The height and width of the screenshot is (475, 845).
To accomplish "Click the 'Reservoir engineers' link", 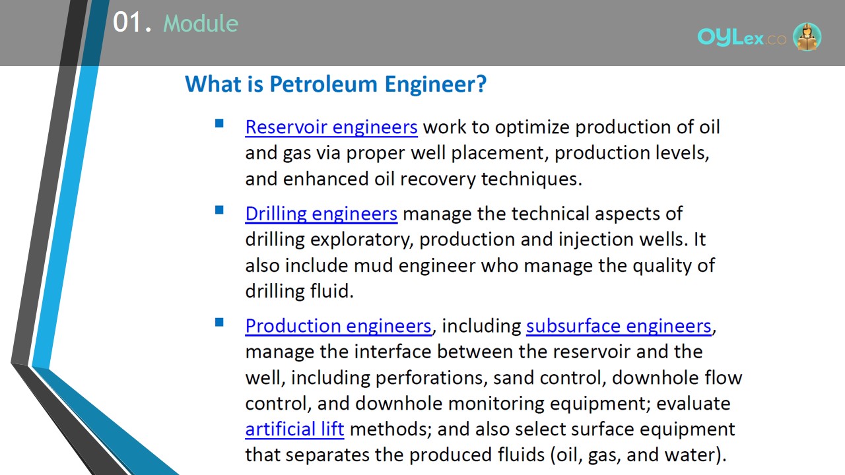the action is click(x=331, y=127).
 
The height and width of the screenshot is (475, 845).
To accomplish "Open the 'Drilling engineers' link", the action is click(x=321, y=214).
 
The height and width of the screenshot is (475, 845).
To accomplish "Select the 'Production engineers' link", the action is click(x=339, y=326).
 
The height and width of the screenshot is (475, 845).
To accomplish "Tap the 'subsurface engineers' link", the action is click(x=619, y=326).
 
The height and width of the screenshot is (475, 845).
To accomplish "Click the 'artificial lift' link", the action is click(x=294, y=429).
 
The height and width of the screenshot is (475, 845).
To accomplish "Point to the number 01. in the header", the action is click(x=132, y=22).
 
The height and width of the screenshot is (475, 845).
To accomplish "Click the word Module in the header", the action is click(x=201, y=23).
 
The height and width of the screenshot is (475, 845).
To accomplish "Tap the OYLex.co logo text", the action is click(x=741, y=37).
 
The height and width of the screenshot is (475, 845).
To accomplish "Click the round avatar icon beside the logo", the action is click(x=807, y=36).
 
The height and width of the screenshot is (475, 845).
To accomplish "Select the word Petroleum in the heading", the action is click(x=323, y=84).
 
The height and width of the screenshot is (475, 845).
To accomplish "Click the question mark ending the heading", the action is click(x=481, y=84).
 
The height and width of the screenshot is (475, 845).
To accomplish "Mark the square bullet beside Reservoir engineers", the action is click(x=219, y=123).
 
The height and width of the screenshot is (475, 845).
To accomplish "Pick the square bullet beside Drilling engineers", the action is click(x=219, y=210).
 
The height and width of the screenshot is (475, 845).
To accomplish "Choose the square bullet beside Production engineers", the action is click(x=219, y=322).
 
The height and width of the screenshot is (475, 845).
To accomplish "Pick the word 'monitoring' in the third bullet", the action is click(x=496, y=403).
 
